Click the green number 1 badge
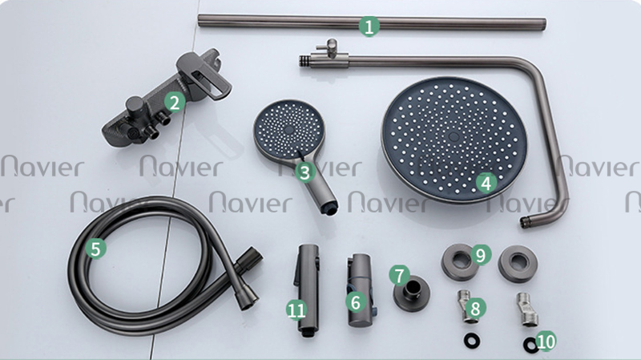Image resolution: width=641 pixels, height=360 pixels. [369, 26]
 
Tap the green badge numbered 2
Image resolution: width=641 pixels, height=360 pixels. [175, 103]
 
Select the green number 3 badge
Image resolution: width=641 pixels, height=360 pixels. [304, 172]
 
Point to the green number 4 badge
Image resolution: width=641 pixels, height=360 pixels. [486, 183]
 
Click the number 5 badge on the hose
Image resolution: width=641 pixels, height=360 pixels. [95, 249]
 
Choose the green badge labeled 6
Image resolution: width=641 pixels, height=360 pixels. [356, 302]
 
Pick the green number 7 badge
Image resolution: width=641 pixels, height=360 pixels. [399, 275]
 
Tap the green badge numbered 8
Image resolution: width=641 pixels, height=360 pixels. [475, 309]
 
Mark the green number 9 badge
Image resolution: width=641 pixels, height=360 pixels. [481, 255]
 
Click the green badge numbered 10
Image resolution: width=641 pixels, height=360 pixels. [546, 342]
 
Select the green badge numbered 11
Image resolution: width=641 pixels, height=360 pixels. [296, 309]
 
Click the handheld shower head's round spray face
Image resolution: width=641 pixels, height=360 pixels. [289, 130]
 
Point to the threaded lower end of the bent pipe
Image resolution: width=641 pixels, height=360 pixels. [525, 223]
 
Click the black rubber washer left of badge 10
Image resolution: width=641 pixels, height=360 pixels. [472, 341]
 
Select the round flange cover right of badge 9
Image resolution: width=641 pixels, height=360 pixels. [518, 263]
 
